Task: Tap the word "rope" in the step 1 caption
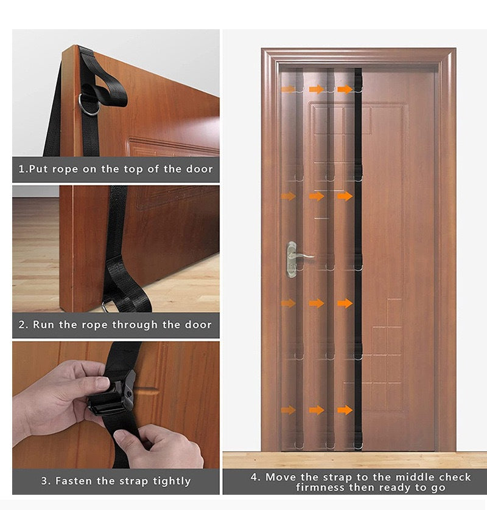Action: pos(64,169)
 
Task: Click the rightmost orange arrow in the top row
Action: pos(345,89)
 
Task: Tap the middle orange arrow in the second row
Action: pos(317,196)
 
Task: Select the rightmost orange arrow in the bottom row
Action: pos(345,410)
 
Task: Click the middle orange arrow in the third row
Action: pos(317,303)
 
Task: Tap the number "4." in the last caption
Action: pos(256,477)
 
